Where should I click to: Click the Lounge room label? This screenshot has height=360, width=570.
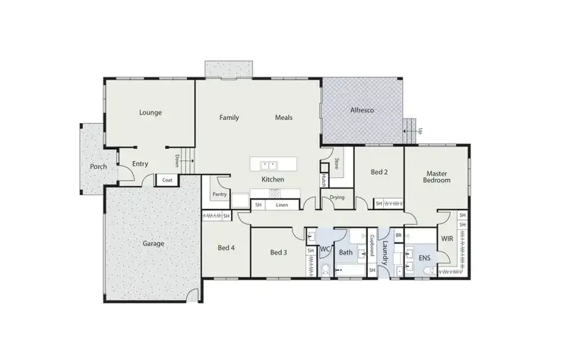150,112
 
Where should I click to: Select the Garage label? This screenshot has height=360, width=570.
153,244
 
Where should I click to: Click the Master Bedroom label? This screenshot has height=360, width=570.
437,176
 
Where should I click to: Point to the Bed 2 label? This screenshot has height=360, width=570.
379,172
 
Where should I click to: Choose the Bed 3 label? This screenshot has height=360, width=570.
278,252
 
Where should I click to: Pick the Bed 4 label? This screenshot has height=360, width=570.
226,248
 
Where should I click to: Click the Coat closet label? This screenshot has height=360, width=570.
166,180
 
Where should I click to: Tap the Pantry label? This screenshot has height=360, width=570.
220,194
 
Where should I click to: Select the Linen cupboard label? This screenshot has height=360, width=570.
282,205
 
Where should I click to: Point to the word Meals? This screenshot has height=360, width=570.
283,118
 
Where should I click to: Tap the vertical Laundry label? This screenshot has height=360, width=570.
385,251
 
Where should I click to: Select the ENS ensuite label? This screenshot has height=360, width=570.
424,257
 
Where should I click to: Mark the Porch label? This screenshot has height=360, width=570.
98,166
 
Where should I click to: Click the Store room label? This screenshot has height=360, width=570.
336,164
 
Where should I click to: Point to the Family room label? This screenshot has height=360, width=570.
230,118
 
